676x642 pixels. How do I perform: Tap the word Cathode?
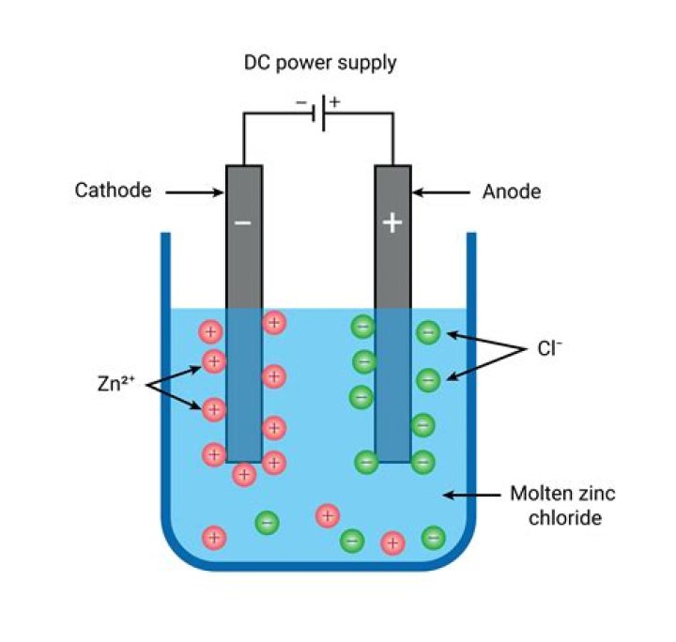click(113, 191)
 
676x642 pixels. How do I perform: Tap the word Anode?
click(512, 191)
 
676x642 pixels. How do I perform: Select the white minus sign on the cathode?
click(243, 223)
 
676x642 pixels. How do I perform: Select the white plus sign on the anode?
click(392, 222)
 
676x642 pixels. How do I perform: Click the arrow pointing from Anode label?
click(441, 191)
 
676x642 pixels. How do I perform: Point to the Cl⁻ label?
click(549, 348)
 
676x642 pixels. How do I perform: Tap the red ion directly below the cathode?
click(244, 474)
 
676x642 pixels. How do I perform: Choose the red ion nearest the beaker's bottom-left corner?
click(215, 537)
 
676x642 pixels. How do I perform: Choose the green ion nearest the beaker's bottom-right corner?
click(433, 537)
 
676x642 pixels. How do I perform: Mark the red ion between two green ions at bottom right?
click(392, 543)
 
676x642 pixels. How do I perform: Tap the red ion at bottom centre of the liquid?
click(327, 514)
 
